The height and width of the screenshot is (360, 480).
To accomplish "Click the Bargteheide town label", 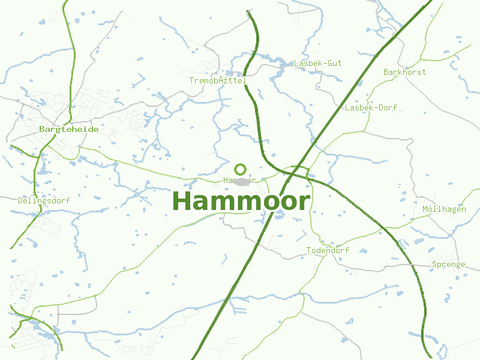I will (68, 129).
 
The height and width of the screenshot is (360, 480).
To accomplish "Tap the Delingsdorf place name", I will (44, 200).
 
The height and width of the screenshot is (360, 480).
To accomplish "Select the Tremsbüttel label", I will (217, 80).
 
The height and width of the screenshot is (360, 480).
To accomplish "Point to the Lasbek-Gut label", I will (317, 63).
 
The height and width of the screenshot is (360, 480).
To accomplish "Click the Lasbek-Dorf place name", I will (371, 107).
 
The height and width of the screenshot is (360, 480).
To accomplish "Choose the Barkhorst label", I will (404, 72).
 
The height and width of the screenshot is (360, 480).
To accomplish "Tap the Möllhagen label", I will (444, 209).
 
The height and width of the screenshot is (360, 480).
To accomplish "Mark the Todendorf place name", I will (328, 250).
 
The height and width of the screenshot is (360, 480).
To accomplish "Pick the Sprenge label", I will (448, 264).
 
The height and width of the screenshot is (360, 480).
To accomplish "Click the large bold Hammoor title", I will (241, 201).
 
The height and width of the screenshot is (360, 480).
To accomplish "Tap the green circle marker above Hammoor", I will (241, 169).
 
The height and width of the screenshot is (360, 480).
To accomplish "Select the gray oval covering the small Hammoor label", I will (242, 181).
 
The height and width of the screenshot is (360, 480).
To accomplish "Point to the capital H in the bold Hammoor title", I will (181, 201).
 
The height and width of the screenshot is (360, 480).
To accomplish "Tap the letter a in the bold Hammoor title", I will (200, 203).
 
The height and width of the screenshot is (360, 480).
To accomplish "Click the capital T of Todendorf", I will (309, 250).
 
